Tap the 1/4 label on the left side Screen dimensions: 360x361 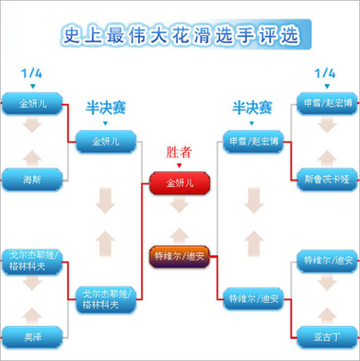tap(33, 72)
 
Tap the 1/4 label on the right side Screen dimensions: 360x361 tap(325, 72)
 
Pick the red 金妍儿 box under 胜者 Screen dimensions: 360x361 tap(180, 182)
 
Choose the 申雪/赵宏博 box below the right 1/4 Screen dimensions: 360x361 tap(324, 102)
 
